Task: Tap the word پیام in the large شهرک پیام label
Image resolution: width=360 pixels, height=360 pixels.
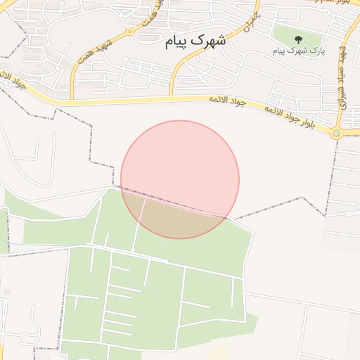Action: [x=178, y=41]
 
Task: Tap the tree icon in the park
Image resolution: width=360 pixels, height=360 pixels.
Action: [x=298, y=40]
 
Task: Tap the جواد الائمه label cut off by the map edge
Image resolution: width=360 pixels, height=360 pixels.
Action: [x=14, y=83]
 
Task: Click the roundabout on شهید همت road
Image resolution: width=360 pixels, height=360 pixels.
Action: [x=130, y=31]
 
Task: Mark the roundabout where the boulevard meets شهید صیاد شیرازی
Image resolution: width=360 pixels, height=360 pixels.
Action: [x=337, y=132]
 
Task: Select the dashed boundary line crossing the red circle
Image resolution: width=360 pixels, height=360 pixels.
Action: [x=176, y=202]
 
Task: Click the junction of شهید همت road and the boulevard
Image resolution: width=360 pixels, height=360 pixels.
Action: [x=72, y=98]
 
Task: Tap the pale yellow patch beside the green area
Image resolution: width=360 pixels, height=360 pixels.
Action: [x=219, y=352]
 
